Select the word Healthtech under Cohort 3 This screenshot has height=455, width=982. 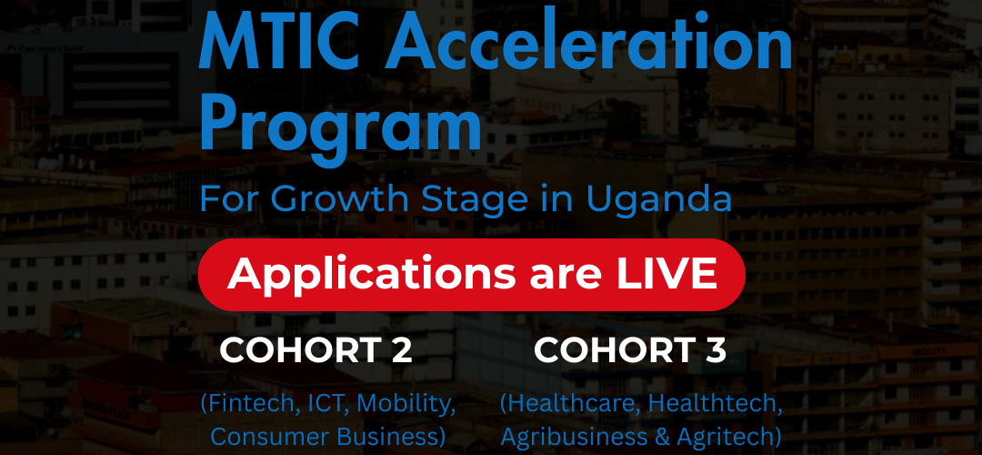[715, 404]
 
